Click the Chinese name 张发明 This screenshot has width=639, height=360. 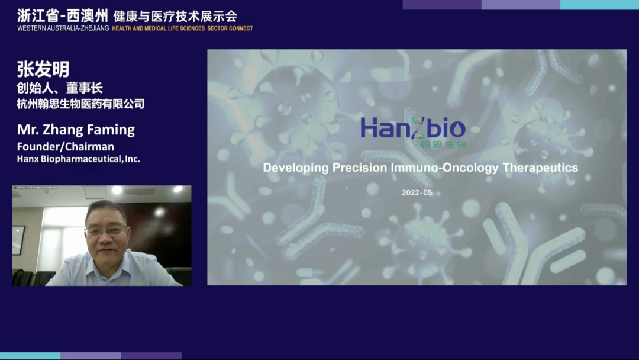43,69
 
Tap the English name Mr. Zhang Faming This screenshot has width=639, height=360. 76,130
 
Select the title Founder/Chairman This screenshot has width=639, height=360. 65,146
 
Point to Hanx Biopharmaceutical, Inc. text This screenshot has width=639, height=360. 78,159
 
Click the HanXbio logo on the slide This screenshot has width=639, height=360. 413,128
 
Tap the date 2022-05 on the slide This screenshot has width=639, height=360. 417,192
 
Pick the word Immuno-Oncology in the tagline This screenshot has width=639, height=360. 444,168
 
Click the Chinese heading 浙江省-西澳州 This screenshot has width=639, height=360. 62,16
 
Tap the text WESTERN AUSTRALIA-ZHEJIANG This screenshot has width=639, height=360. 63,28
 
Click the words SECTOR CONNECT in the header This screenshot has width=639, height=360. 230,28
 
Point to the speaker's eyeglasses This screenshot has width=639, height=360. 106,231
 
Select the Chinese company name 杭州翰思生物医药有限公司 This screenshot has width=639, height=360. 80,104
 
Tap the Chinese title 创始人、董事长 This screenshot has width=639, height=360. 60,88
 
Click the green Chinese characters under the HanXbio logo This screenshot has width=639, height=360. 443,144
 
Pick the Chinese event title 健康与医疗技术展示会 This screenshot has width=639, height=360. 175,17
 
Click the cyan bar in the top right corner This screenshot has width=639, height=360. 599,5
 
